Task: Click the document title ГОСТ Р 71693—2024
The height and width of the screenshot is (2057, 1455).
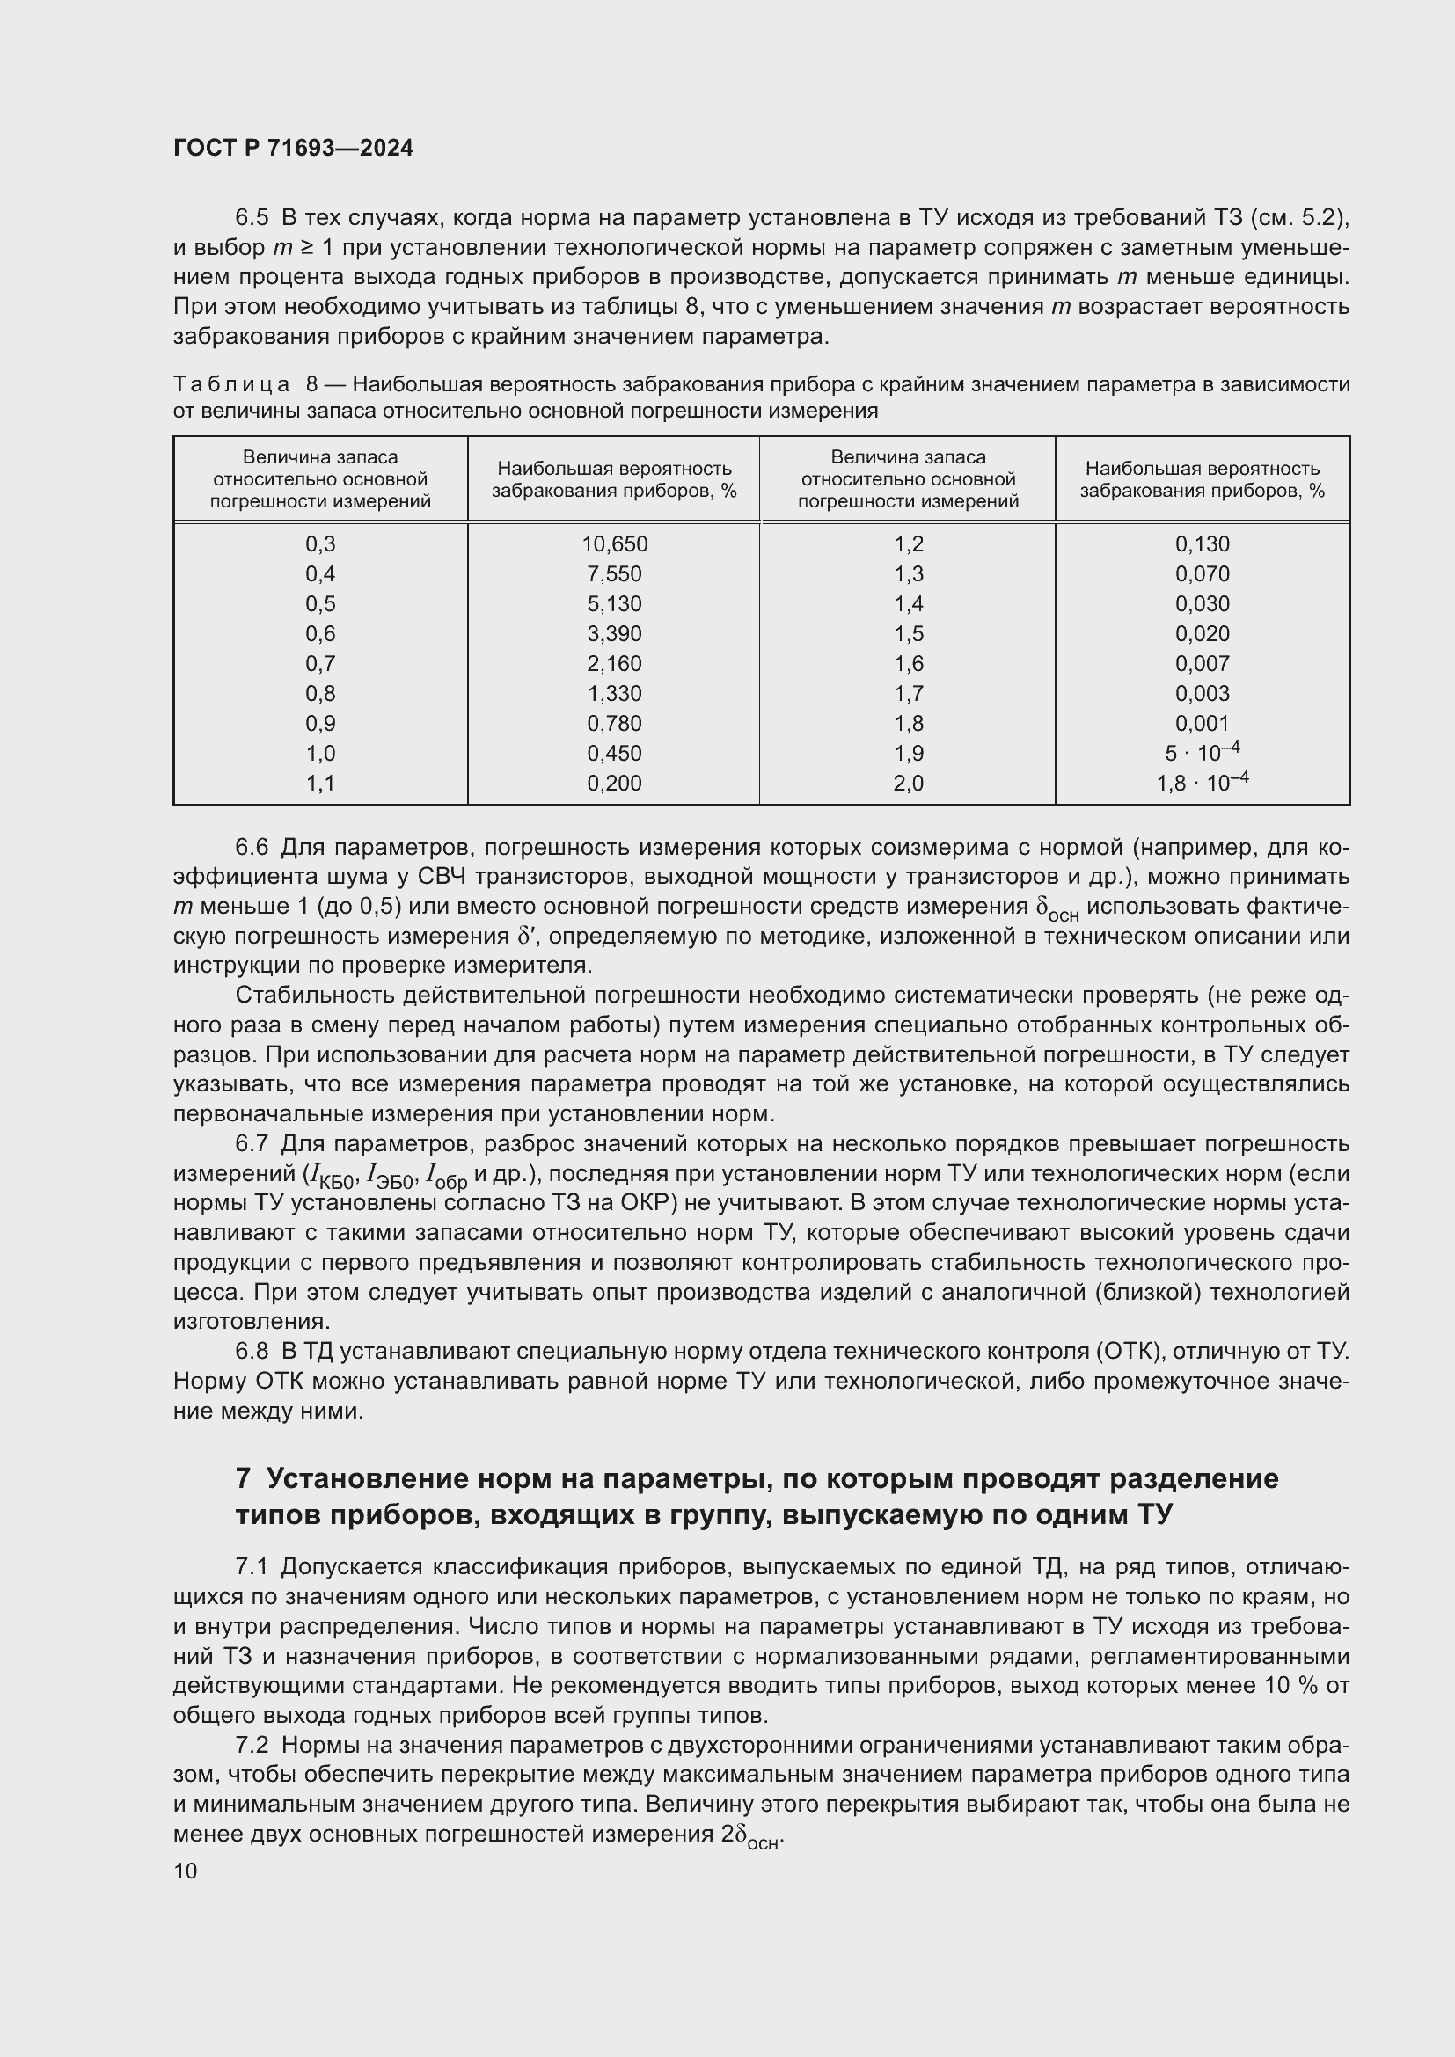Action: point(293,149)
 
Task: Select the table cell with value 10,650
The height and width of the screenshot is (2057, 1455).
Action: point(614,543)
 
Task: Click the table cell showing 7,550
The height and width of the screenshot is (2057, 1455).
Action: point(614,573)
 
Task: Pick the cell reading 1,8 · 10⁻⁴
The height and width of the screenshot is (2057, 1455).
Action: point(1202,782)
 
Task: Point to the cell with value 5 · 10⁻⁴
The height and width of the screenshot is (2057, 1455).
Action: point(1202,753)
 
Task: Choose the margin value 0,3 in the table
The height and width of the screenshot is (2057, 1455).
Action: point(320,543)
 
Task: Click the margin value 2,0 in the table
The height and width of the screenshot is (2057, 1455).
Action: point(908,783)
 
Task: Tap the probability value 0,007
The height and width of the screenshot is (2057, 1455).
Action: point(1202,663)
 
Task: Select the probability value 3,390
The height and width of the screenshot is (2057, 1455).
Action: point(614,633)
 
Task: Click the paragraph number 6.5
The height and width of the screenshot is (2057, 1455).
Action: point(251,218)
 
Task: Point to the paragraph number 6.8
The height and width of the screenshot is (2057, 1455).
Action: point(251,1351)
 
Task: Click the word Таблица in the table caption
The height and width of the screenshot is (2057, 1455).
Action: point(231,384)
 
